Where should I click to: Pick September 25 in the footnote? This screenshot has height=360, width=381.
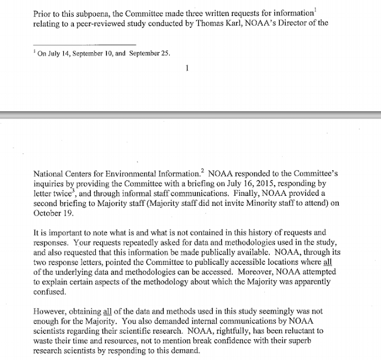coord(151,53)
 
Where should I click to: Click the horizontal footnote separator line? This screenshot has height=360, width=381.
coord(85,45)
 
